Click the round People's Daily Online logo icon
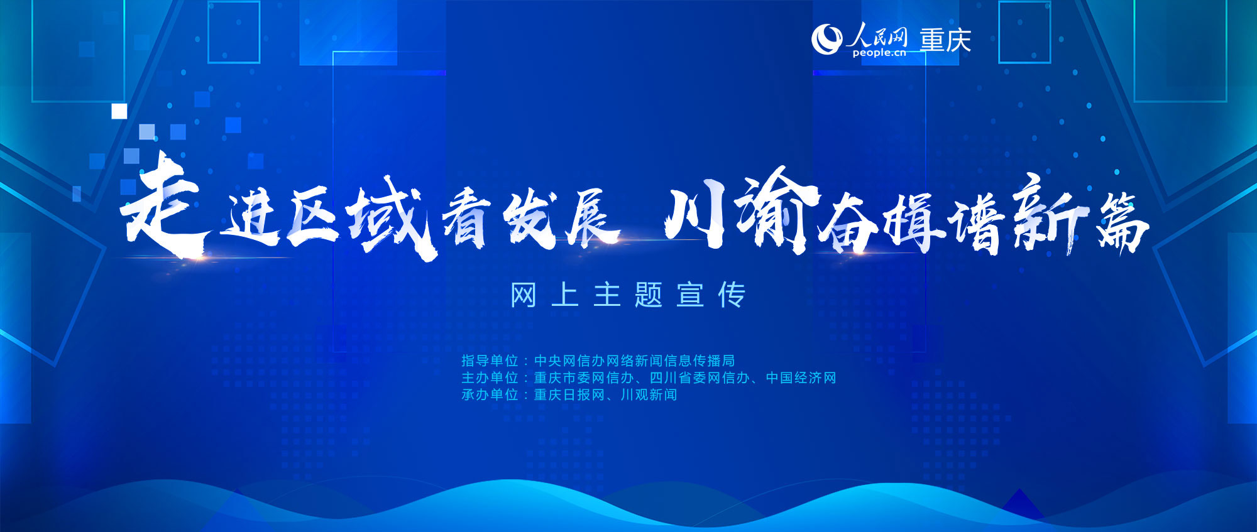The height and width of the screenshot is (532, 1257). pyautogui.click(x=826, y=40)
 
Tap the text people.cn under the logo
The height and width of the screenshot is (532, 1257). pyautogui.click(x=879, y=53)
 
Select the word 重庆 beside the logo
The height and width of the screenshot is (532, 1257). pyautogui.click(x=946, y=40)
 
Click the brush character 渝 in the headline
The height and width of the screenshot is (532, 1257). pyautogui.click(x=777, y=211)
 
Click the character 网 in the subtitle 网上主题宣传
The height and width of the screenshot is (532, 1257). pyautogui.click(x=524, y=295)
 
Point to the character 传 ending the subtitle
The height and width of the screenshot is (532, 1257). pyautogui.click(x=732, y=295)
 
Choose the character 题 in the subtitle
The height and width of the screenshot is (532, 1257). pyautogui.click(x=649, y=295)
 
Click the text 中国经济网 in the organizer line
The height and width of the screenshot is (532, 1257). pyautogui.click(x=801, y=377)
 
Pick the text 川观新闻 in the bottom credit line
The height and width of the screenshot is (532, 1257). pyautogui.click(x=649, y=394)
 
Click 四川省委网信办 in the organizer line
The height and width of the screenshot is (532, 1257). pyautogui.click(x=700, y=377)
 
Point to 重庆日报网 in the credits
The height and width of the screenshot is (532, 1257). pyautogui.click(x=569, y=394)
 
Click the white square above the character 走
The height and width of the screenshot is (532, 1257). pyautogui.click(x=119, y=111)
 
